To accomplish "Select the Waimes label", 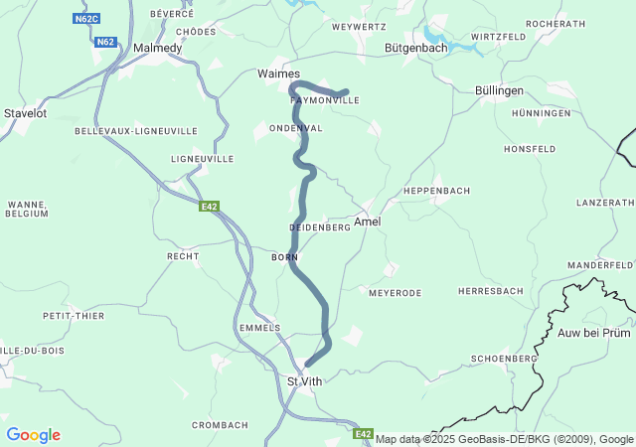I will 278,74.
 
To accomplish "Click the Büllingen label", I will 499,90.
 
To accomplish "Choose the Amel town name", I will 367,222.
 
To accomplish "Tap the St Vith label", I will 305,381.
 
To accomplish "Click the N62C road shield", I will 86,18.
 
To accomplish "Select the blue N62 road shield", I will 105,42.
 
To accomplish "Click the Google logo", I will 33,435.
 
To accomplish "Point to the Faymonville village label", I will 324,101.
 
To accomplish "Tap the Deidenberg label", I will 320,227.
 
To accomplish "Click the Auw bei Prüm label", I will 594,333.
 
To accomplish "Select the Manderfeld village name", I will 600,265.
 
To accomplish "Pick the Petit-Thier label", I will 74,316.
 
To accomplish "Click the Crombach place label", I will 219,425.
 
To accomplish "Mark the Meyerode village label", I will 395,293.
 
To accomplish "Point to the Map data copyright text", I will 505,439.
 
